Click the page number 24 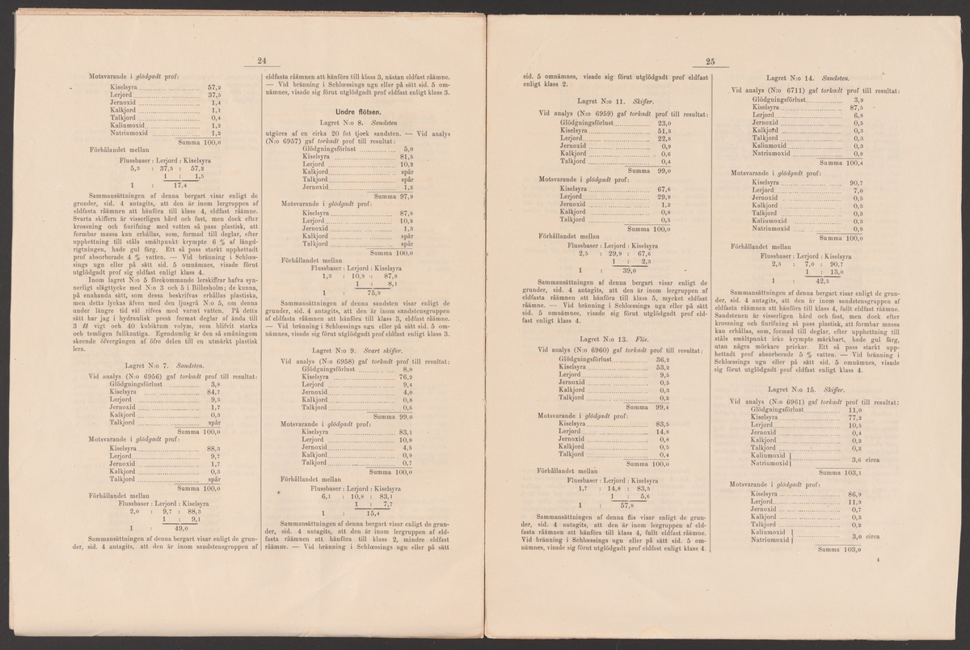click(x=261, y=60)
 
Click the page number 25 click(x=711, y=61)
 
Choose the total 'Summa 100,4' click(x=840, y=162)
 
